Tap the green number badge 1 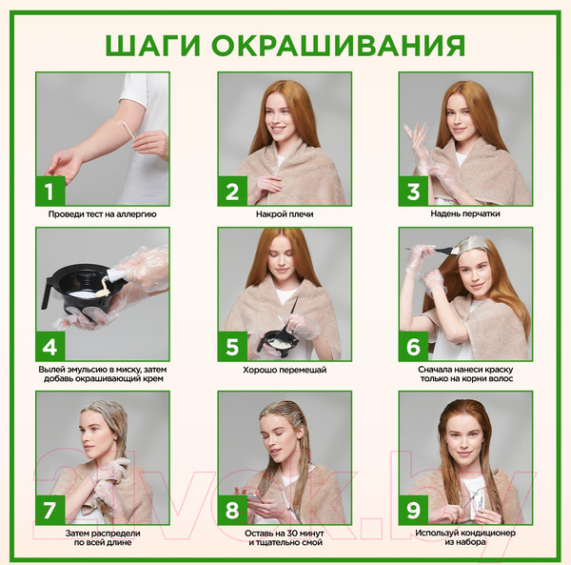tap(49, 191)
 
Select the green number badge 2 tap(231, 191)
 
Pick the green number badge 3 tap(413, 191)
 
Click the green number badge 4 tap(49, 345)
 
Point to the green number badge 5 tap(231, 345)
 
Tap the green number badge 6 tap(413, 345)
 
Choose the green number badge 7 tap(49, 509)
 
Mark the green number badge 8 tap(231, 509)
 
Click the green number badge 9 tap(413, 509)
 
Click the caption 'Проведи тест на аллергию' tap(103, 214)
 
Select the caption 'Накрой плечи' tap(285, 214)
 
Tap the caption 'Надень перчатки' tap(466, 214)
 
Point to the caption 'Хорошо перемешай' tap(285, 369)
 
